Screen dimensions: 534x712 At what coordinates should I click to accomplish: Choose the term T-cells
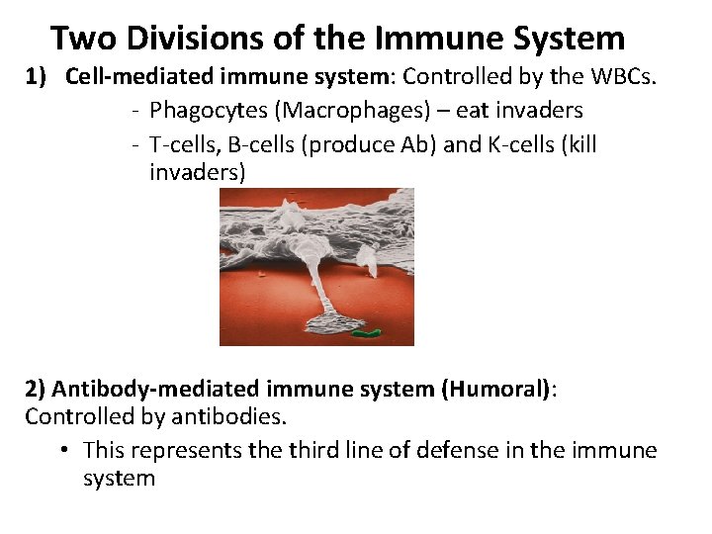click(184, 144)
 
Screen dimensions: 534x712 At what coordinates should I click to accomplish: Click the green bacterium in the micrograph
click(368, 333)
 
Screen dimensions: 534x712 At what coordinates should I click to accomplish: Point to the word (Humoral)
click(495, 389)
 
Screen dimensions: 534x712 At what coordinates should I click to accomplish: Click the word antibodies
click(231, 416)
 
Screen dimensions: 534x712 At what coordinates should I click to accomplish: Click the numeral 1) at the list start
click(38, 77)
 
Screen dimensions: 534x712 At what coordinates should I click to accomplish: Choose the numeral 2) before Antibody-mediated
click(36, 389)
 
